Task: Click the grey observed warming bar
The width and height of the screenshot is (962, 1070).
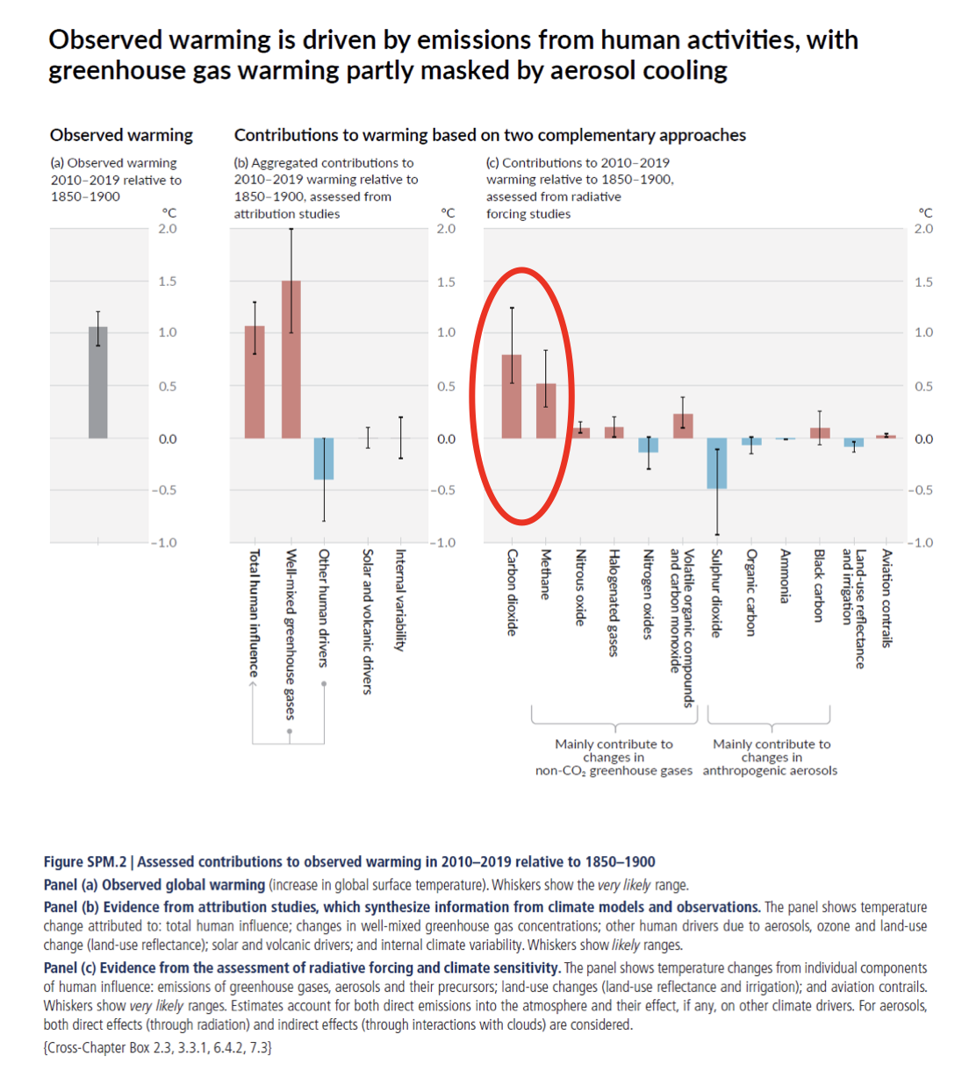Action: [x=97, y=382]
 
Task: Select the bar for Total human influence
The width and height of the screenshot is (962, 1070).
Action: [x=255, y=382]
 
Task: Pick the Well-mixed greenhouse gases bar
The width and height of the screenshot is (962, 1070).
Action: [x=291, y=360]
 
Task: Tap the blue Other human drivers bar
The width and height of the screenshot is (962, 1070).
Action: [x=324, y=459]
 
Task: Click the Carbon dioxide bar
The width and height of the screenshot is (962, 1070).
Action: [x=512, y=396]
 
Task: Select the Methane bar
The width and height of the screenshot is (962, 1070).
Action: [x=546, y=410]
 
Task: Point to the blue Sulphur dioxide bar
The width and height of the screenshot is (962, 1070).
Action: [x=717, y=463]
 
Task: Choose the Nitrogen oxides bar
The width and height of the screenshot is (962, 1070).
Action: [x=648, y=445]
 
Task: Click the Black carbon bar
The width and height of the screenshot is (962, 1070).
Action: [x=820, y=433]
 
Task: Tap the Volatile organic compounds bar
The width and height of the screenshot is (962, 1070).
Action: [x=683, y=426]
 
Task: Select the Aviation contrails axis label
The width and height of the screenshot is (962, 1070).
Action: [x=887, y=598]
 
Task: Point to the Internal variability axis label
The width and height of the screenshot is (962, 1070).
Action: [x=400, y=600]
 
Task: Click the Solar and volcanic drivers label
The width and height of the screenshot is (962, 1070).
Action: [x=368, y=622]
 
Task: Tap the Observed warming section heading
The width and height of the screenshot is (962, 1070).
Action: [x=121, y=135]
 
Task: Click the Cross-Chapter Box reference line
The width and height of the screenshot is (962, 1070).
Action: [x=158, y=1047]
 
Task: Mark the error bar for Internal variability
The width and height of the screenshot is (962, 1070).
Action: [x=400, y=437]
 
